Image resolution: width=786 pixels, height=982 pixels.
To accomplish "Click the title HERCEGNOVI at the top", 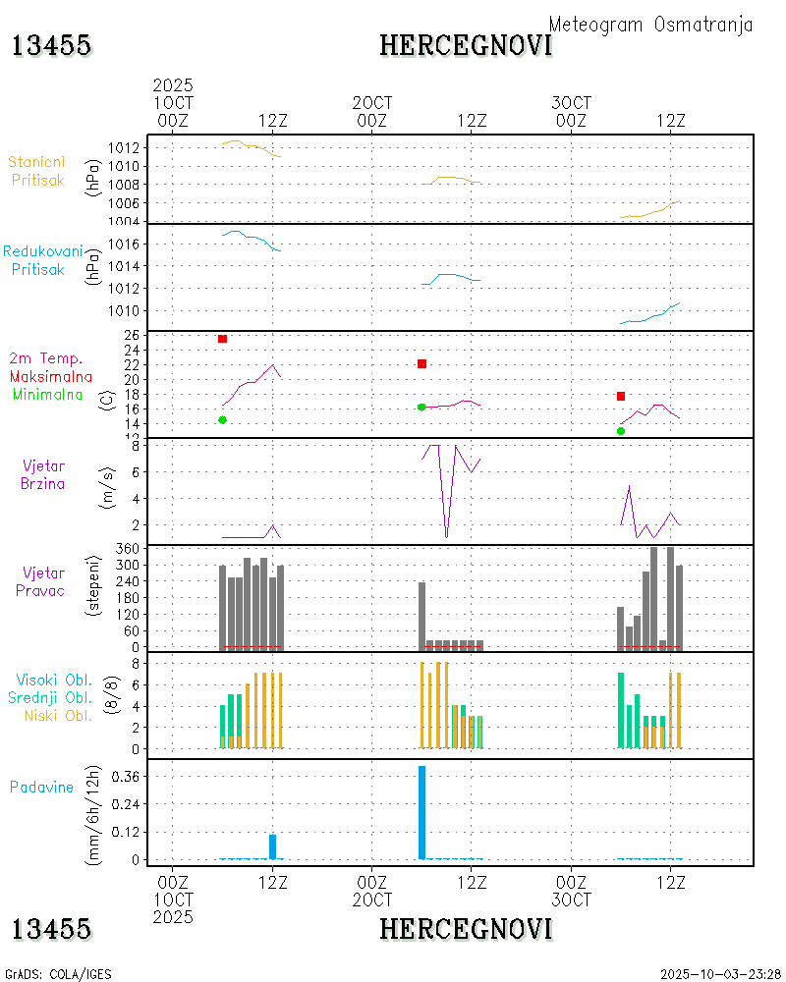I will tap(466, 45).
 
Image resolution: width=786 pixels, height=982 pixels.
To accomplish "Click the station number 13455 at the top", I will tap(51, 45).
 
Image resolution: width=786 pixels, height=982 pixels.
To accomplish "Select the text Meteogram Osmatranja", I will tap(650, 25).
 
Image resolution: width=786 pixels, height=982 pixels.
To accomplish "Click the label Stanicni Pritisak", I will tap(36, 171).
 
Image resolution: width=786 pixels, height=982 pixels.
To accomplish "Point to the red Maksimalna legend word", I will tap(51, 376).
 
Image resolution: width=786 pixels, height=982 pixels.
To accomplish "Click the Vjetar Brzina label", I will tap(43, 473).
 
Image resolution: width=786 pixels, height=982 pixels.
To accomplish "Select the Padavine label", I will tap(42, 787).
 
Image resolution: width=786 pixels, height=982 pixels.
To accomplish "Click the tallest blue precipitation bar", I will tap(421, 812).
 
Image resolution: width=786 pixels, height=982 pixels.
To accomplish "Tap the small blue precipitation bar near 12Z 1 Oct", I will tap(272, 846).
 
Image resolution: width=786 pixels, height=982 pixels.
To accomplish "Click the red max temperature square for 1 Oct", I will tap(223, 339).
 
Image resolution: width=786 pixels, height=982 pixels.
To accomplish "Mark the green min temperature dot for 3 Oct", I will tap(621, 430).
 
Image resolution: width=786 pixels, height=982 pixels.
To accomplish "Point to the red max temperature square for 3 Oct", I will tap(621, 396).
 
